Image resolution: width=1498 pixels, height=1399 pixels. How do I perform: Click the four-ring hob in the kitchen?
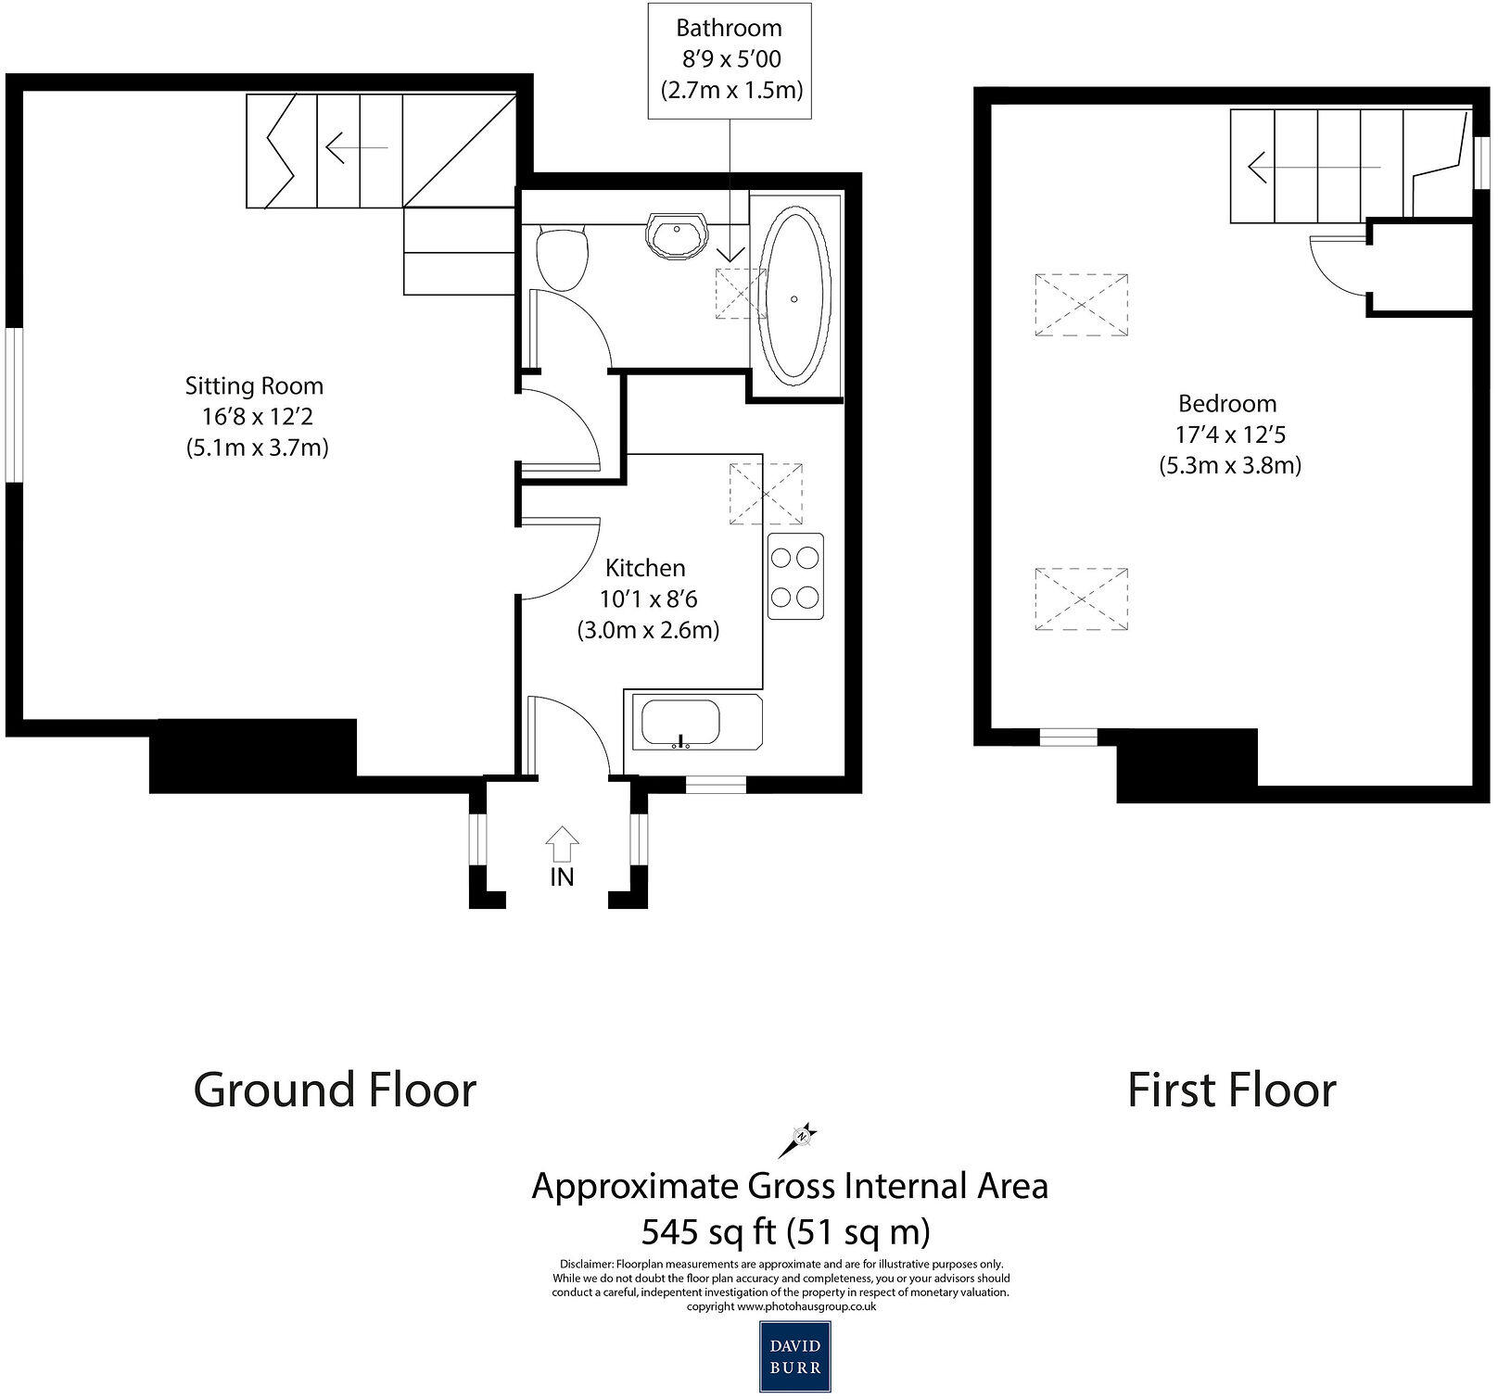click(795, 576)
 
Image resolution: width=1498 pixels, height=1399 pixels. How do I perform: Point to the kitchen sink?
click(680, 724)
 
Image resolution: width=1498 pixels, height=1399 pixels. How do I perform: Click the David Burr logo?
click(794, 1355)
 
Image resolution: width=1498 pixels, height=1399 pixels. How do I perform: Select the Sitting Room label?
click(254, 385)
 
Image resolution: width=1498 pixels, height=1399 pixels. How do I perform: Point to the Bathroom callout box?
click(730, 60)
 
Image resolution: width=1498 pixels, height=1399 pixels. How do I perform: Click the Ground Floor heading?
click(335, 1090)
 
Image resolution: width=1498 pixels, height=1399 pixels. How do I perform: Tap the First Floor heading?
click(1231, 1090)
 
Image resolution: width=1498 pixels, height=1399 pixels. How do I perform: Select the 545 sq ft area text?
click(786, 1232)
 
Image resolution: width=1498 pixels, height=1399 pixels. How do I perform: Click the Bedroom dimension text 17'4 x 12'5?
click(1228, 435)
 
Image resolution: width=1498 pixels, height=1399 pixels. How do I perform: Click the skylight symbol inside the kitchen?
click(766, 493)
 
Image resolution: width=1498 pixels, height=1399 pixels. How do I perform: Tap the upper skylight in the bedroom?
click(1081, 304)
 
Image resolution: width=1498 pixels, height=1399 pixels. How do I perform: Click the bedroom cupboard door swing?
click(1338, 264)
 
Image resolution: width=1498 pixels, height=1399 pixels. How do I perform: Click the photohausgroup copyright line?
click(781, 1306)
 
